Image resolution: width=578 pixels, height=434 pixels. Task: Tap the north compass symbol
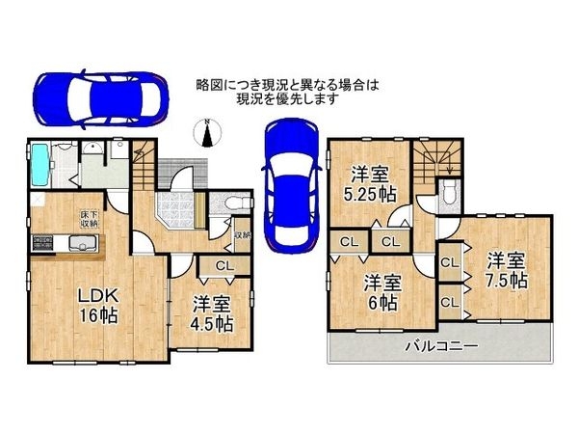[205, 131]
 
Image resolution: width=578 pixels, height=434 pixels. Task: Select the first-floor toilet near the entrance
[237, 203]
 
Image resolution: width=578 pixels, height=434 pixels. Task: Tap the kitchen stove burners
[43, 242]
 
